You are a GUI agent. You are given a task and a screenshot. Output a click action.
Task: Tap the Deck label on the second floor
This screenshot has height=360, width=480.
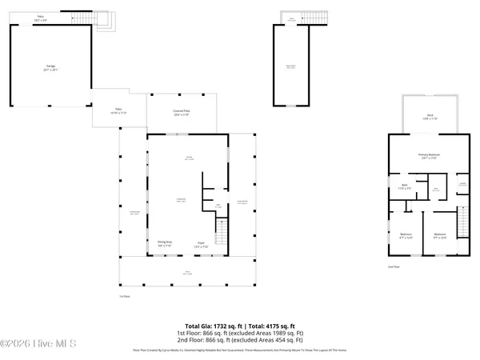click(x=430, y=118)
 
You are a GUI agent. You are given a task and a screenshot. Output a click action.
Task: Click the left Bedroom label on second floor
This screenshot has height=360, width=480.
click(x=406, y=235)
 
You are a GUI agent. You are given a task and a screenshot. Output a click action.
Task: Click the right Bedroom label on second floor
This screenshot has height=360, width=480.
click(x=440, y=235)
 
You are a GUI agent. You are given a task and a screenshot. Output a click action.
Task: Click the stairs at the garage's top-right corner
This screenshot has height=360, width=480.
click(x=110, y=21)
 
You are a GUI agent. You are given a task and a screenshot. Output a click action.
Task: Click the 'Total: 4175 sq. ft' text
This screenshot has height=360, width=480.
click(x=270, y=326)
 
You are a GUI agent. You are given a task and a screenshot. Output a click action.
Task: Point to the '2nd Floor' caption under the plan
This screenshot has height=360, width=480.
click(x=393, y=266)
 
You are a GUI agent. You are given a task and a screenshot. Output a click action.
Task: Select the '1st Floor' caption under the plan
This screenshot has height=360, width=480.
click(x=124, y=295)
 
